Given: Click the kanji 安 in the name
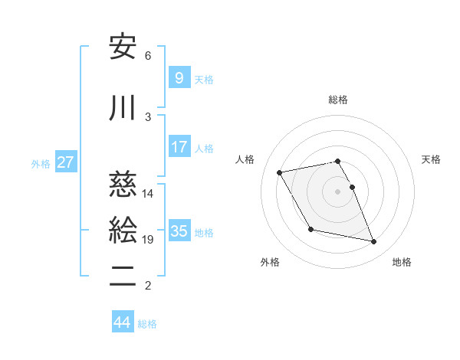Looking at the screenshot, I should tap(123, 47).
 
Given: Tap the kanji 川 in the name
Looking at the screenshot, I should tap(123, 109).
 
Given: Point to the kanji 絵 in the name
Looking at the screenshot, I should tap(123, 229).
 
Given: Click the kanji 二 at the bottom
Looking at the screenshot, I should tap(123, 273).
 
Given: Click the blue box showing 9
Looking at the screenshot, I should tap(179, 77).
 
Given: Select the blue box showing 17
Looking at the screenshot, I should tap(179, 147).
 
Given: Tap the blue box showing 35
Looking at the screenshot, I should tap(179, 231).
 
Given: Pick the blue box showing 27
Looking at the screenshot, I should tap(65, 162).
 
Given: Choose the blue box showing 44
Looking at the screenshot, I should tap(122, 322).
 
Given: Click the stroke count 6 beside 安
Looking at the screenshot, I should tap(148, 56).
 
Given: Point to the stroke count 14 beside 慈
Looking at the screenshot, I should tap(148, 194).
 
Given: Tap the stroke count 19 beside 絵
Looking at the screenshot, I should tap(148, 241).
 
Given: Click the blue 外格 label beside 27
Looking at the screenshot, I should tap(41, 163).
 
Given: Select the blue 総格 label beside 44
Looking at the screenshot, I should tap(147, 323).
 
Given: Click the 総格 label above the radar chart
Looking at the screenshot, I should tap(338, 100).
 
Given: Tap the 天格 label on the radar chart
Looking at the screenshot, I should tap(432, 159).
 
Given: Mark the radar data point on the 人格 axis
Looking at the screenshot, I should tap(280, 172).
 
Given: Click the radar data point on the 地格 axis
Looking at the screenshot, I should tap(374, 242).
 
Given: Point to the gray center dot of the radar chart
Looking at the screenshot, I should tap(337, 191).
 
